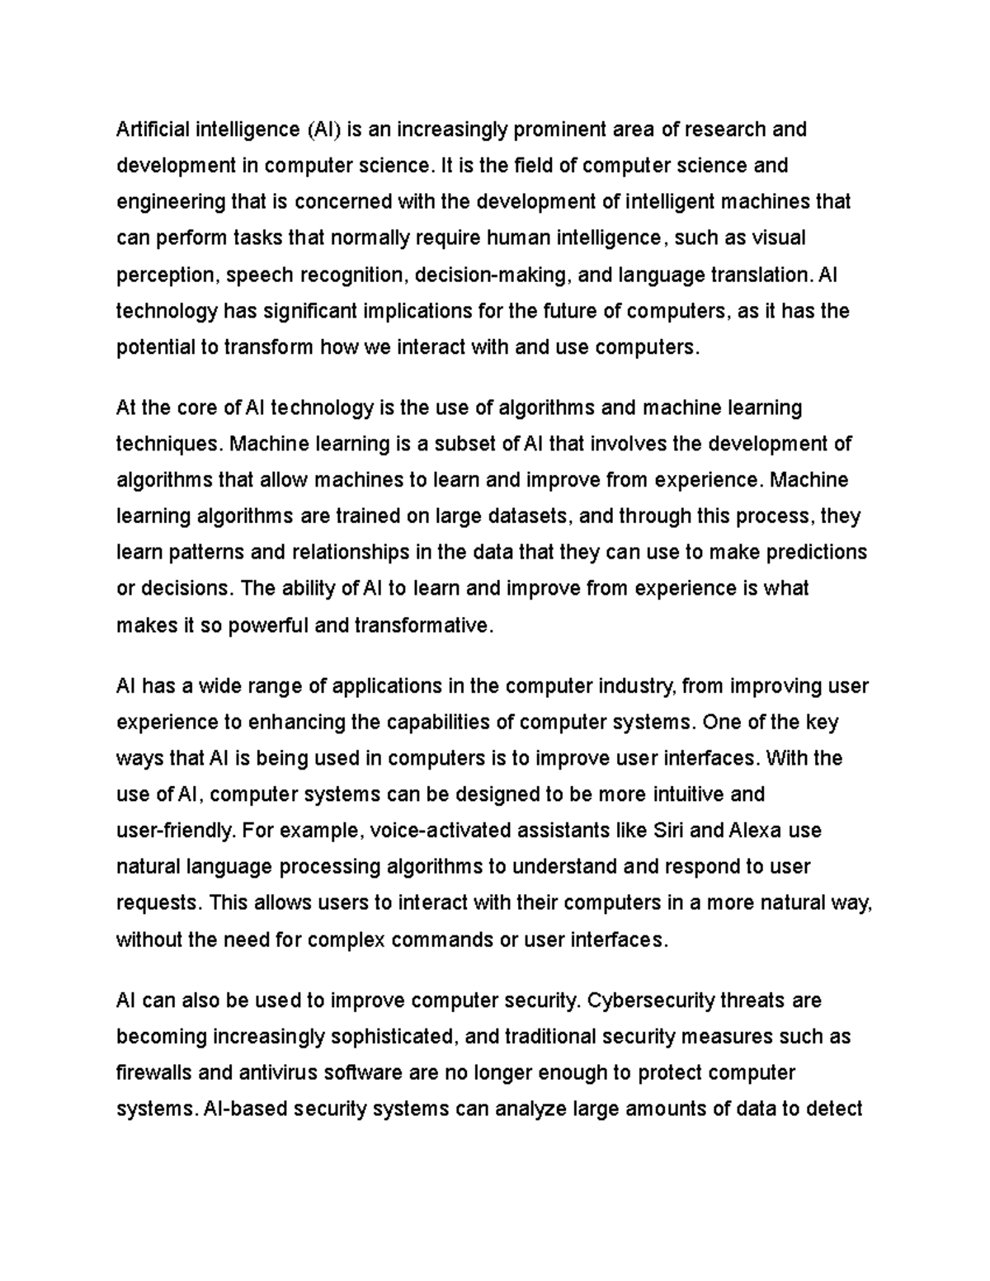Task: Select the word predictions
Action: coord(817,552)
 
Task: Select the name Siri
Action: coord(667,830)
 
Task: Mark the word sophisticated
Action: coord(387,1037)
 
